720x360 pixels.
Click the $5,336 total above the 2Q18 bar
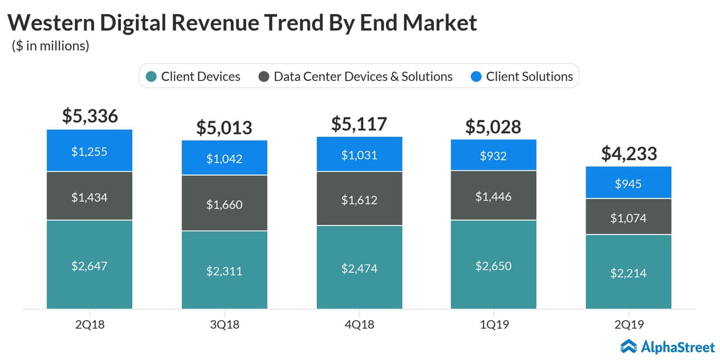(x=89, y=116)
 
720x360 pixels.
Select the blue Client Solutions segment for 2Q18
(x=89, y=150)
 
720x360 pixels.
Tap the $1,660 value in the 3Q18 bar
(x=224, y=204)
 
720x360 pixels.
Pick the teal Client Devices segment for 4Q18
(x=359, y=267)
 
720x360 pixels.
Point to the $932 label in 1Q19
(x=493, y=156)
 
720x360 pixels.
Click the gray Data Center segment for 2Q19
(x=628, y=217)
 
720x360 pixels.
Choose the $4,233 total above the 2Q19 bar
(x=628, y=153)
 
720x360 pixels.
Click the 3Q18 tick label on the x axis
(x=224, y=325)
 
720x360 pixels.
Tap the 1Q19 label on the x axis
(x=493, y=325)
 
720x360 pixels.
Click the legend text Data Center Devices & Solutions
(x=363, y=76)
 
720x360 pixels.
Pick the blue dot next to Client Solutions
(x=476, y=76)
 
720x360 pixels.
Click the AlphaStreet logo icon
(x=628, y=345)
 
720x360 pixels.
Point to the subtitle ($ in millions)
(x=51, y=46)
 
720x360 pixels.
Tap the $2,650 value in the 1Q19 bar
(x=493, y=265)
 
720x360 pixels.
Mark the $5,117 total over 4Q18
(x=359, y=123)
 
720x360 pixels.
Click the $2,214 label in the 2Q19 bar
(x=628, y=273)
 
